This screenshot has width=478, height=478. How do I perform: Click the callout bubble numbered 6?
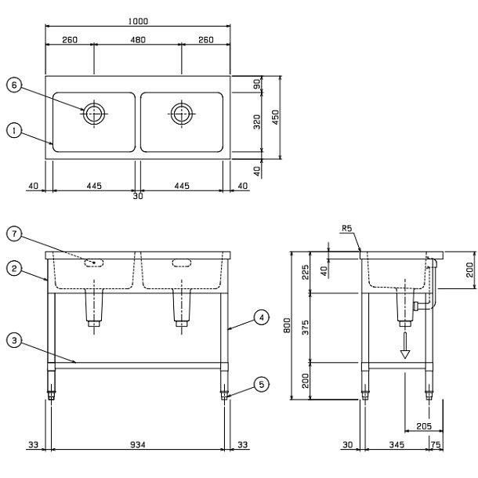(x=14, y=85)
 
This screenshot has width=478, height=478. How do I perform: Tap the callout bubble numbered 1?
(x=14, y=131)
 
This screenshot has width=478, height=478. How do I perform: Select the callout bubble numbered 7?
(x=14, y=234)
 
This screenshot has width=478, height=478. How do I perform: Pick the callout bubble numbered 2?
(x=14, y=269)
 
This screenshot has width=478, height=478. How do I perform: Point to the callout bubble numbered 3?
(x=14, y=340)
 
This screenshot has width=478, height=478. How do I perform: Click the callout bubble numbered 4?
(x=262, y=317)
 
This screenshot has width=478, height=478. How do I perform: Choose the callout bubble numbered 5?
(x=262, y=385)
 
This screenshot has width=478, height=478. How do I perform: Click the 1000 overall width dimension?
(x=138, y=21)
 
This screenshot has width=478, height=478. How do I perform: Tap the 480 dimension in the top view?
(x=138, y=40)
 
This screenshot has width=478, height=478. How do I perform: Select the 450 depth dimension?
(x=275, y=118)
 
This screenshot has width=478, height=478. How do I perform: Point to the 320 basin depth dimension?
(x=257, y=121)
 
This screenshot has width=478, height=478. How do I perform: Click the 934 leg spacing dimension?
(x=138, y=445)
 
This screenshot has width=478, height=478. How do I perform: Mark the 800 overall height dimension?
(x=287, y=325)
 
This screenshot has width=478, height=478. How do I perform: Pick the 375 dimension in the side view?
(x=305, y=328)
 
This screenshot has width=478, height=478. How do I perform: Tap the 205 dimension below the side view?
(x=424, y=425)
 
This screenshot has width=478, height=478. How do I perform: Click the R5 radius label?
(x=347, y=228)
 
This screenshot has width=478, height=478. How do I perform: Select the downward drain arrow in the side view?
(x=405, y=346)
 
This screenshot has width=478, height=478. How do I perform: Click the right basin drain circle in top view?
(x=182, y=114)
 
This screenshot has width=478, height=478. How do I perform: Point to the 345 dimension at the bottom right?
(x=397, y=445)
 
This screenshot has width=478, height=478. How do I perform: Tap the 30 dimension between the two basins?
(x=138, y=196)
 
